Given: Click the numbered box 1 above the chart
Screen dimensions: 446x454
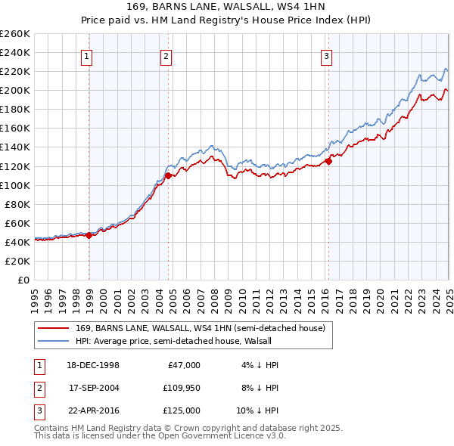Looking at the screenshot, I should tap(87, 56).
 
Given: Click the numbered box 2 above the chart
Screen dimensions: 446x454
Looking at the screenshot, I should tap(166, 56).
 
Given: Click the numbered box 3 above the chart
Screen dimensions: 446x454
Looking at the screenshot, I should tap(326, 56).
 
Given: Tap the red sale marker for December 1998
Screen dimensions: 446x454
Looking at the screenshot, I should tap(89, 235).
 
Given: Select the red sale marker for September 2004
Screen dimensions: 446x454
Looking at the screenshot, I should tap(168, 176).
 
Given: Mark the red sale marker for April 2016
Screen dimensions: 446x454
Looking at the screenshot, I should tap(328, 161).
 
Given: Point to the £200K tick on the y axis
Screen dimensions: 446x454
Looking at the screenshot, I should tap(15, 90).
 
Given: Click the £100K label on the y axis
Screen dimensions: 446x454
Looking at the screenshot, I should tap(15, 185).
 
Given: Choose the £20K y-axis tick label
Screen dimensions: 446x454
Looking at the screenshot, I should tap(17, 261).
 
